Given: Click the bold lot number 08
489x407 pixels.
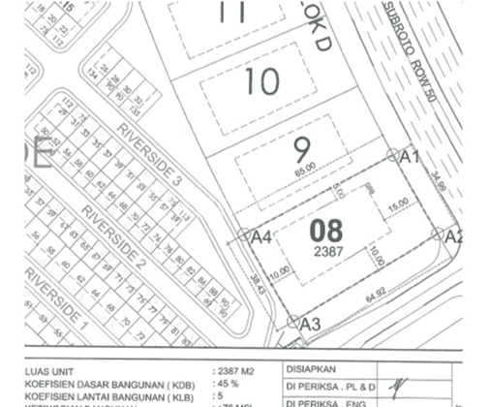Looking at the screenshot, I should pos(326,231).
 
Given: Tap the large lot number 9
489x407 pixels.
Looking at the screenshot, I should pos(301,149).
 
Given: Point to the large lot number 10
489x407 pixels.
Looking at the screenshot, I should pos(261,82).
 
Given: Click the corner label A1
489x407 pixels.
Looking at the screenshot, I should pos(409,156).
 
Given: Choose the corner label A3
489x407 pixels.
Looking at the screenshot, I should pos(311,324).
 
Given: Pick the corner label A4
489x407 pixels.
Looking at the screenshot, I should pos(260,236).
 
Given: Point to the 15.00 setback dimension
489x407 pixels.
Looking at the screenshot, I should pos(399,205).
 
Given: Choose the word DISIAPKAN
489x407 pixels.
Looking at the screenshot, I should pos(310,368).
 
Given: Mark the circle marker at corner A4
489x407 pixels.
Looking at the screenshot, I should pos(244,235).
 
